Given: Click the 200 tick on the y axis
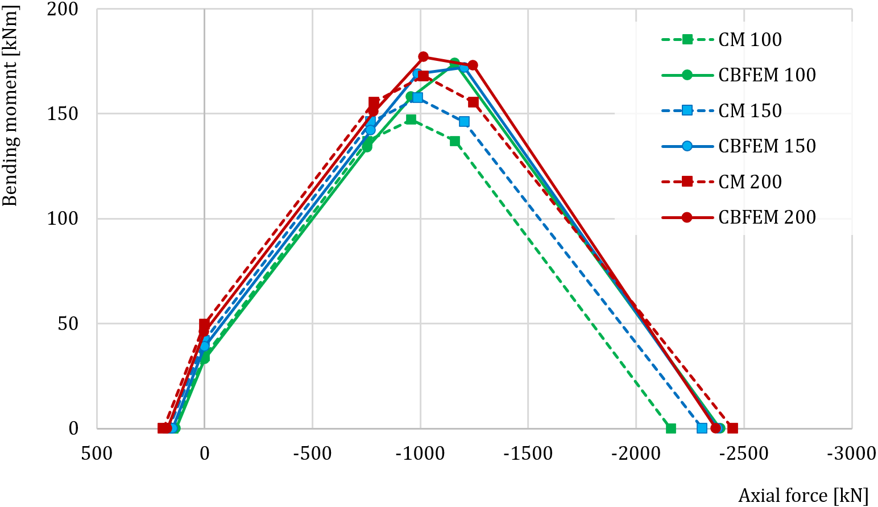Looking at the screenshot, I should [x=63, y=10].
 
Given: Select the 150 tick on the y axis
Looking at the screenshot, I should [x=63, y=114].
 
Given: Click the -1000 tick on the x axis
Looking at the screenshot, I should [x=420, y=454].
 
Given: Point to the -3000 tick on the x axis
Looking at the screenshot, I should [x=851, y=454].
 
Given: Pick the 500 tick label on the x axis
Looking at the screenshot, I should [x=97, y=454].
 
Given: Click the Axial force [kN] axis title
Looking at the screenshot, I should [x=804, y=496].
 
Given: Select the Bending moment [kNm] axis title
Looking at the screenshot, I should [x=10, y=106].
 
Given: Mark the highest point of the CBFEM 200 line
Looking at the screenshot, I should [x=423, y=57].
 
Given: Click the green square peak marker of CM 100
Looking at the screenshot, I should [x=411, y=119].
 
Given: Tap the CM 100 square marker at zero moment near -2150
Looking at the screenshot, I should [x=670, y=428].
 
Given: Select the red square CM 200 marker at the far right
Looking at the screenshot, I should [x=732, y=428].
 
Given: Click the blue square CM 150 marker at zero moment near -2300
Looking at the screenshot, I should [x=702, y=428].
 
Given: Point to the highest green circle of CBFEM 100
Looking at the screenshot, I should [x=455, y=63].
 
